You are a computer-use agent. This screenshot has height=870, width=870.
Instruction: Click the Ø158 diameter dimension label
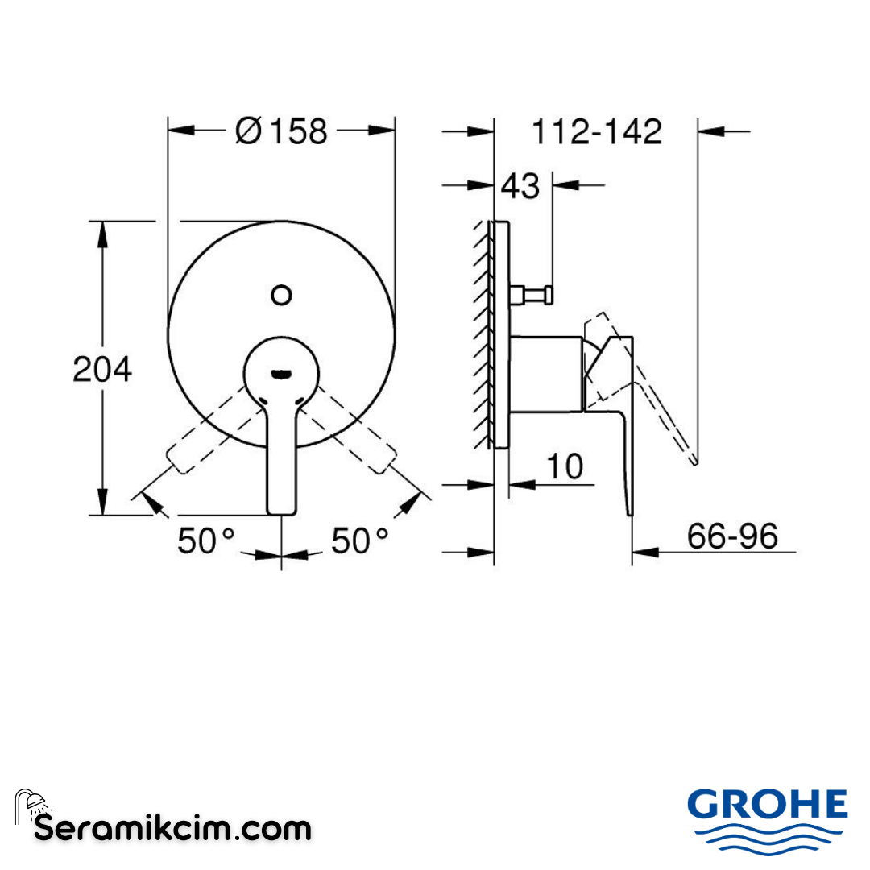282,130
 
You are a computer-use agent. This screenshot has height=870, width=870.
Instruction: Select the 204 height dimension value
102,370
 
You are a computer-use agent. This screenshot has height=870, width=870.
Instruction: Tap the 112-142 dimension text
596,131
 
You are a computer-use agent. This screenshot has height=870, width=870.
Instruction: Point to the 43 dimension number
520,186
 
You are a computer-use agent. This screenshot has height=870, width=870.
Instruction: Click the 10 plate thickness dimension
565,466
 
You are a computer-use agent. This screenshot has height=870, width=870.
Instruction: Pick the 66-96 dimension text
732,536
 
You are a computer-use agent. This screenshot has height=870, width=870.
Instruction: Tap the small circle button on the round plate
281,296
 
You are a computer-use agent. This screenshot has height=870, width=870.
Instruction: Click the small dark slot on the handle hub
281,372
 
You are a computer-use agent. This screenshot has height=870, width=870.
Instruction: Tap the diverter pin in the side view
533,296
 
